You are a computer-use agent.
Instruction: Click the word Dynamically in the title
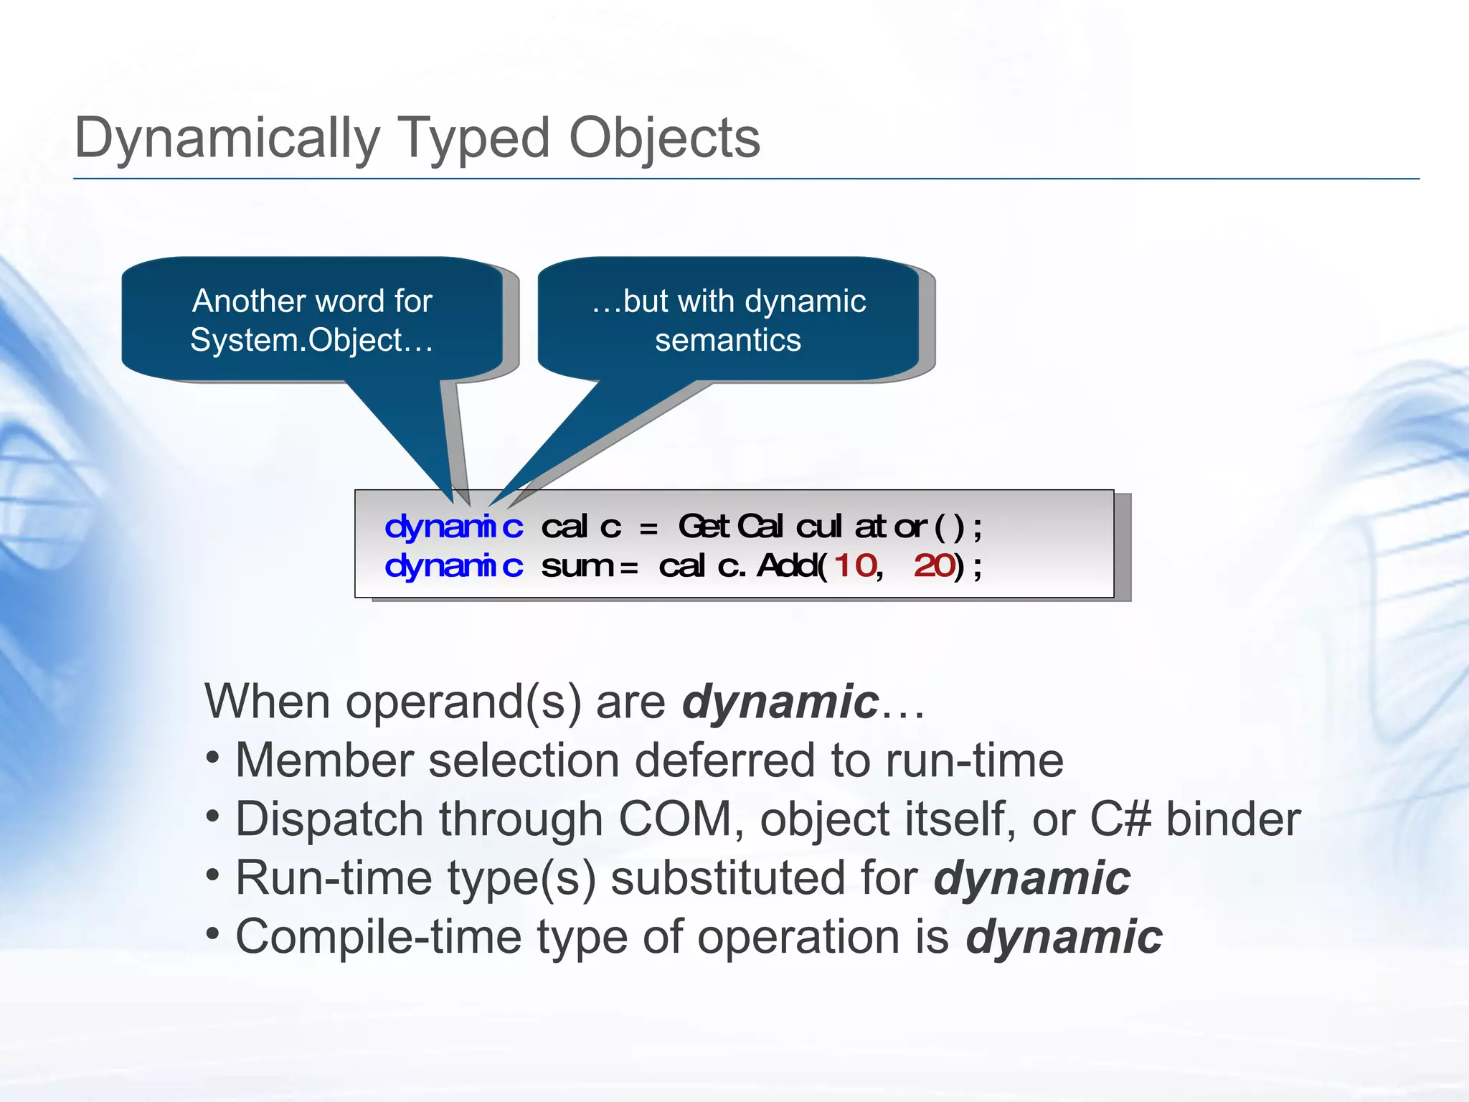[227, 138]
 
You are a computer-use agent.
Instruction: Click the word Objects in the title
[664, 138]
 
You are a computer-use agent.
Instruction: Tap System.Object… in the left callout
[311, 340]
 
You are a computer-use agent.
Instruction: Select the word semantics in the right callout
[727, 340]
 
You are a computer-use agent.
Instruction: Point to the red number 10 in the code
[856, 566]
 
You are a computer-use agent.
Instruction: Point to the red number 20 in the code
[934, 566]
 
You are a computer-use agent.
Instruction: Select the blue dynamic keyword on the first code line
[453, 527]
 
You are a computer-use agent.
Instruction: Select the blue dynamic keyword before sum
[453, 566]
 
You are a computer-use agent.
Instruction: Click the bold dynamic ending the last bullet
[1064, 937]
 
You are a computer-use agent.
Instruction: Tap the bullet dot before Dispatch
[212, 818]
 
